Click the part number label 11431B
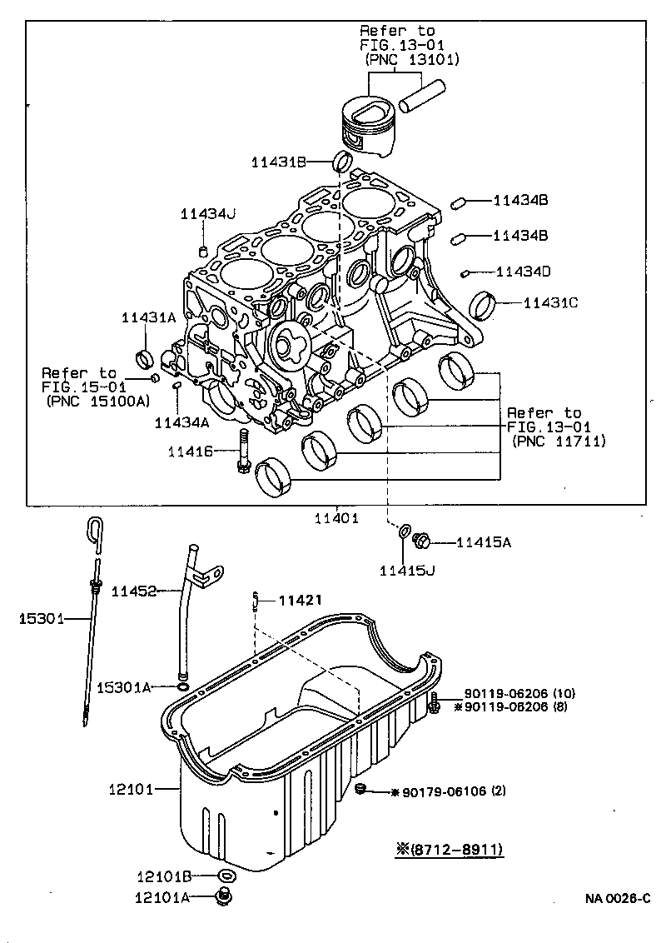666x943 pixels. [x=279, y=162]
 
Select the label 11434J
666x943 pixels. [x=208, y=214]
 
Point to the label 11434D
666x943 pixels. [x=523, y=272]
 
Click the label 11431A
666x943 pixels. [x=148, y=317]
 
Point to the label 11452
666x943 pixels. [x=134, y=591]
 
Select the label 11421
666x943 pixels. [x=299, y=599]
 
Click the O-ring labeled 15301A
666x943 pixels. [x=181, y=687]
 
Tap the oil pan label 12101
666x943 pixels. [x=132, y=789]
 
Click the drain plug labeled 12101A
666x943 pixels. [x=222, y=896]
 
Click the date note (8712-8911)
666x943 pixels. [x=451, y=850]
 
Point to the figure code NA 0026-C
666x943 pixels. [x=616, y=898]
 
